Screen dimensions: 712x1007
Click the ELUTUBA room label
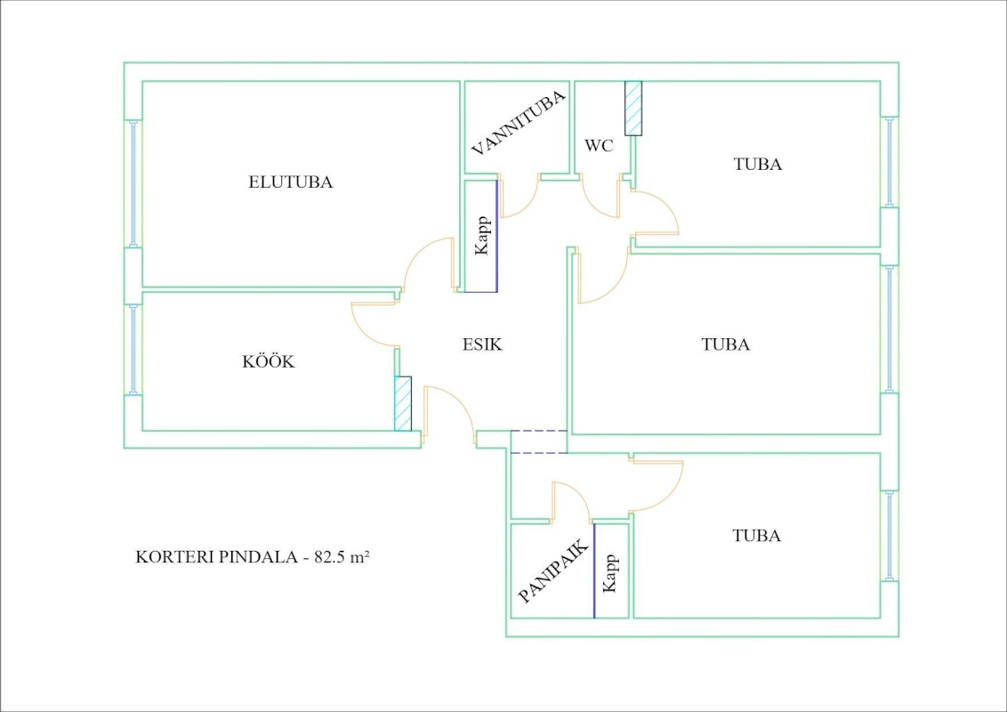coord(290,182)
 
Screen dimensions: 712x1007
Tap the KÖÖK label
coord(269,362)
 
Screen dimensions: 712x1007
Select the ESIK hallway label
coord(482,344)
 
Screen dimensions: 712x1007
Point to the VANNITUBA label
coord(519,124)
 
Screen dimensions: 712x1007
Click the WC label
coord(599,146)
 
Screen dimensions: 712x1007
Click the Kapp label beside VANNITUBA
coord(482,236)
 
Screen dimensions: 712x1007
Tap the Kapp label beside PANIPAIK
coord(610,572)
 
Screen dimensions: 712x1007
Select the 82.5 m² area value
coord(342,558)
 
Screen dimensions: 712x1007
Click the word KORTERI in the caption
coord(168,558)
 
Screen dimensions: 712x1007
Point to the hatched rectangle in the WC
coord(633,108)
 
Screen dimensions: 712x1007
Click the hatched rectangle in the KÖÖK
coord(403,404)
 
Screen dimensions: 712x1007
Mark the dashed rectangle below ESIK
coord(538,442)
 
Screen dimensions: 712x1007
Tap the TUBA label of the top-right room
coord(758,165)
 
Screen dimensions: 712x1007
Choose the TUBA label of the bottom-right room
coord(757,536)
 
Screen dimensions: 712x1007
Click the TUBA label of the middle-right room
coord(726,344)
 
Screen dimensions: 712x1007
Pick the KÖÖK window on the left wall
coord(133,350)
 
